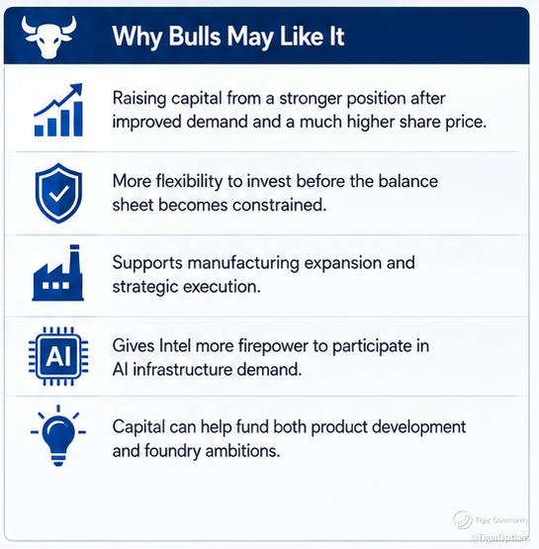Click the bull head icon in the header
point(48,37)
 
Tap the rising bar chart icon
point(58,110)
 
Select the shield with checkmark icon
point(58,193)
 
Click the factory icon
point(58,273)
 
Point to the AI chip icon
point(58,356)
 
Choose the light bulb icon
point(58,435)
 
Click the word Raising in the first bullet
point(138,98)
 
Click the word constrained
point(279,205)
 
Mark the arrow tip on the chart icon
point(81,84)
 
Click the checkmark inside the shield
point(58,193)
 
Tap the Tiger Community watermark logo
point(462,519)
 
